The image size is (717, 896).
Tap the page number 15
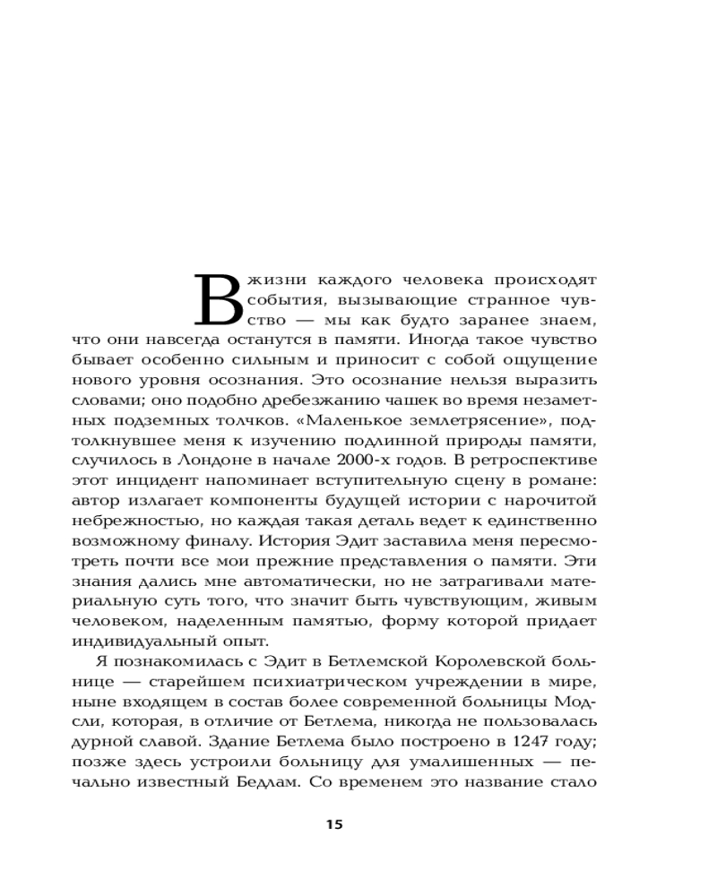coord(334,824)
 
